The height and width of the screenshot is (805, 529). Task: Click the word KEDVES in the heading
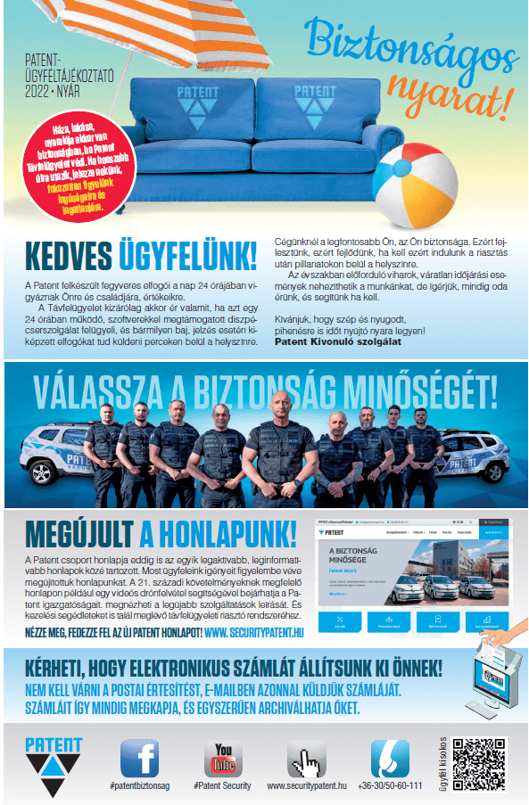pos(68,256)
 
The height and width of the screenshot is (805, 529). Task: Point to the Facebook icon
pos(139,759)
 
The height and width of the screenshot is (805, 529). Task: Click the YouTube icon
pos(222,759)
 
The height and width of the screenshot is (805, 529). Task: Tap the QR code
pos(484,763)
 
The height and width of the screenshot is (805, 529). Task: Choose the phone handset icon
pos(389,759)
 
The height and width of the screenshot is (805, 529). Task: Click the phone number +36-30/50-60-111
pos(390,786)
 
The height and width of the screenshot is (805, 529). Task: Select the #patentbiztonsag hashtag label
pos(139,786)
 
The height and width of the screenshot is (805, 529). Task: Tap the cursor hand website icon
pos(306,759)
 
